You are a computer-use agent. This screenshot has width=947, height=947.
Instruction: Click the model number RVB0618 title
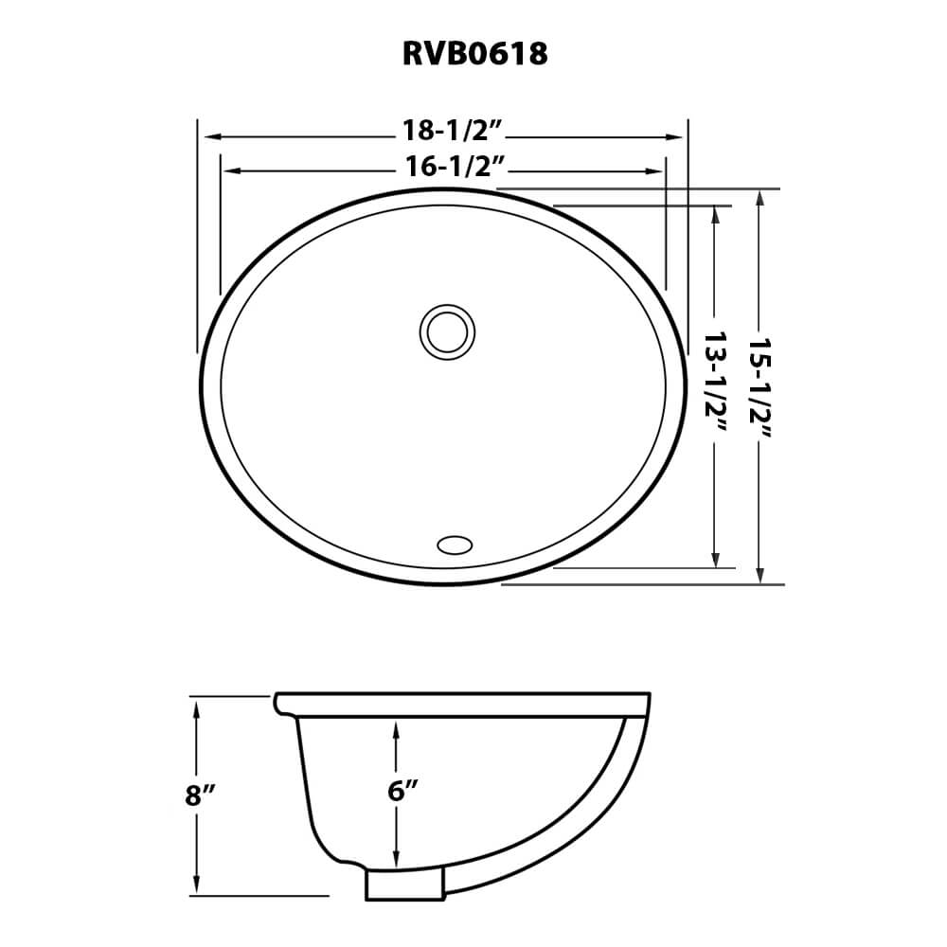point(474,54)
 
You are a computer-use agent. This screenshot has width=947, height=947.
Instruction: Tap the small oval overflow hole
point(455,545)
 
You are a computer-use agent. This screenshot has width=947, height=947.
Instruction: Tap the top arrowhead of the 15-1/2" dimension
point(759,197)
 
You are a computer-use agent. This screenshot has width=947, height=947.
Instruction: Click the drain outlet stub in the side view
point(404,886)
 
